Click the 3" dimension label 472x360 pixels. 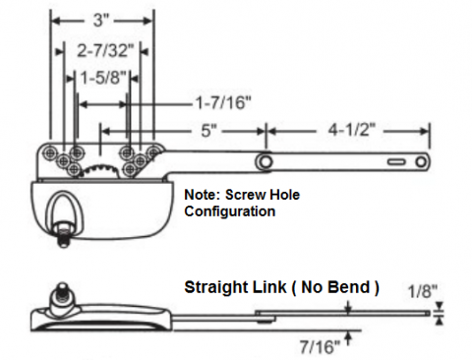pyautogui.click(x=100, y=21)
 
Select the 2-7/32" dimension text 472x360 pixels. pyautogui.click(x=105, y=50)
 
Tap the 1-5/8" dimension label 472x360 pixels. pyautogui.click(x=103, y=78)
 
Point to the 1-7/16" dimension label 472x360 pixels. pyautogui.click(x=223, y=103)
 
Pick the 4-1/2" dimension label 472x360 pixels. pyautogui.click(x=352, y=130)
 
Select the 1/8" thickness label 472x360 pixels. pyautogui.click(x=423, y=291)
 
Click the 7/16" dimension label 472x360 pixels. pyautogui.click(x=320, y=346)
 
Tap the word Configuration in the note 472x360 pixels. pyautogui.click(x=230, y=211)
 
